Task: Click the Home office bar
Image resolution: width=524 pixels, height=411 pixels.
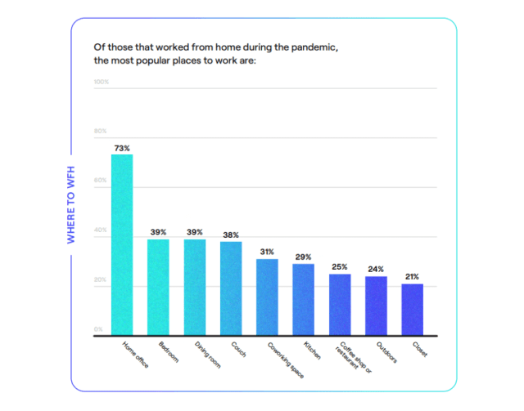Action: (x=122, y=245)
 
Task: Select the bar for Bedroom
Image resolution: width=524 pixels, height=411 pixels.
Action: (x=158, y=287)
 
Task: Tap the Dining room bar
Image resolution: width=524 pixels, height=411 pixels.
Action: (x=195, y=287)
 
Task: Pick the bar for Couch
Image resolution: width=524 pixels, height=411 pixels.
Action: (x=231, y=288)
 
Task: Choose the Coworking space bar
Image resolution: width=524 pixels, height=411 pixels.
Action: (x=267, y=297)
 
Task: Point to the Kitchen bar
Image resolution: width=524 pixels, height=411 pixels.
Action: (x=304, y=299)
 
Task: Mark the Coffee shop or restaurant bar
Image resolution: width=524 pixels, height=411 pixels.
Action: (x=340, y=305)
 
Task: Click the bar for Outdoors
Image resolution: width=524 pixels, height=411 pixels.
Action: (x=376, y=306)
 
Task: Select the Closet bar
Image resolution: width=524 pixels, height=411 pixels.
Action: (x=413, y=310)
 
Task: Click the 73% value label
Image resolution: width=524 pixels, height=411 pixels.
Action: (x=122, y=148)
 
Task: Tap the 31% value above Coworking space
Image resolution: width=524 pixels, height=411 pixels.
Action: (x=267, y=252)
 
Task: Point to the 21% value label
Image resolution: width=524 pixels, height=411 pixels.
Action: (x=413, y=278)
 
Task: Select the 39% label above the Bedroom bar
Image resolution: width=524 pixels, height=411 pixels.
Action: (x=158, y=233)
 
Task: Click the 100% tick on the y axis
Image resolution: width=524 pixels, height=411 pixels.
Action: (x=102, y=82)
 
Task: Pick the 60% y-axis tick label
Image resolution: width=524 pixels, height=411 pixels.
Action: (x=101, y=181)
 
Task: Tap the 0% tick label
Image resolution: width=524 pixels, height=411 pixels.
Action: (x=97, y=329)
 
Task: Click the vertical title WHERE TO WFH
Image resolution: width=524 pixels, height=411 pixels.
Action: (x=71, y=201)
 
